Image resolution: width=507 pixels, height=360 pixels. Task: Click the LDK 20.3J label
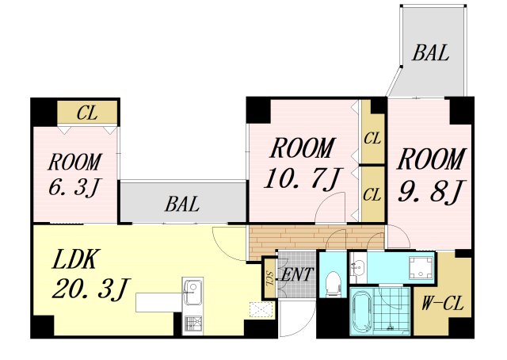click(91, 274)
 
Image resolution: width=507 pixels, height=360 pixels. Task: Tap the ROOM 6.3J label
click(75, 174)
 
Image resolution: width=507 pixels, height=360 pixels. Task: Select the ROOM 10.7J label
click(302, 163)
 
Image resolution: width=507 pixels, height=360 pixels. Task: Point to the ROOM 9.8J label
click(431, 176)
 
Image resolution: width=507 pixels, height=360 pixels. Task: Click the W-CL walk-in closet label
click(442, 304)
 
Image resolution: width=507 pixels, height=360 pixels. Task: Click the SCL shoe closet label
click(270, 278)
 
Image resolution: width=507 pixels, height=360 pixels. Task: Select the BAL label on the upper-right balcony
click(431, 53)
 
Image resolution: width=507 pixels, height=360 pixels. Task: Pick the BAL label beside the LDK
click(182, 205)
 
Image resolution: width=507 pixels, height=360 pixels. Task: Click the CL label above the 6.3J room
click(87, 113)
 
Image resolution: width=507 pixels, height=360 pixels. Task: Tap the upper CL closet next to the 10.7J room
click(372, 138)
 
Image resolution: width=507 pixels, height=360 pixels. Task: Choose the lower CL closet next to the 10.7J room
click(372, 194)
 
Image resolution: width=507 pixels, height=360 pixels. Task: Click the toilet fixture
click(331, 283)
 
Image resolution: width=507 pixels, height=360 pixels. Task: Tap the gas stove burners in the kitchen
click(193, 325)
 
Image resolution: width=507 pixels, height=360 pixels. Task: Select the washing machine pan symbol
click(421, 267)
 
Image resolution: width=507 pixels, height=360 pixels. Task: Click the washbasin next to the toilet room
click(358, 266)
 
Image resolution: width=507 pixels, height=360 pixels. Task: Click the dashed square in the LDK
click(261, 310)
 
